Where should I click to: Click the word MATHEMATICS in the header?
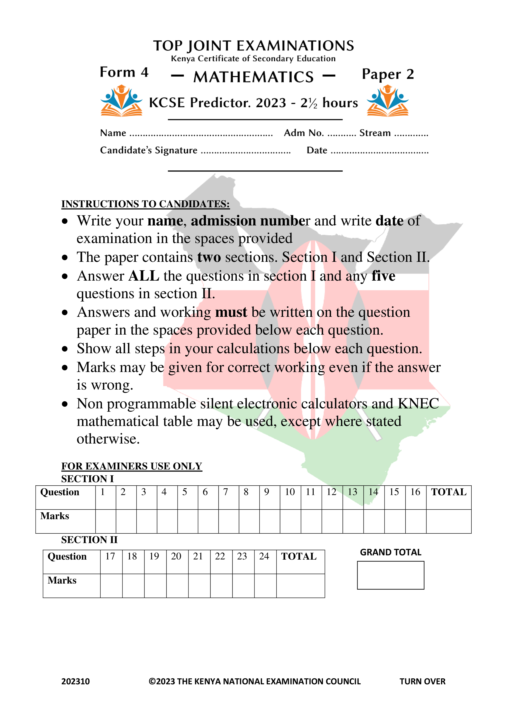pyautogui.click(x=253, y=77)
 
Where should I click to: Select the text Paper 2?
pyautogui.click(x=388, y=74)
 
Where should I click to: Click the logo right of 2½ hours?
pyautogui.click(x=387, y=101)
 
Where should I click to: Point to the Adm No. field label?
pyautogui.click(x=303, y=133)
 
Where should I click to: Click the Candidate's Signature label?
pyautogui.click(x=148, y=150)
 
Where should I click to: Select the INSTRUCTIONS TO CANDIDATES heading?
pyautogui.click(x=145, y=204)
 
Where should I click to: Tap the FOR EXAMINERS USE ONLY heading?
pyautogui.click(x=131, y=466)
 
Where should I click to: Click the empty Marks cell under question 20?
pyautogui.click(x=177, y=586)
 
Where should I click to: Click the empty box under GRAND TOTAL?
pyautogui.click(x=390, y=575)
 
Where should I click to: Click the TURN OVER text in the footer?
pyautogui.click(x=422, y=681)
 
